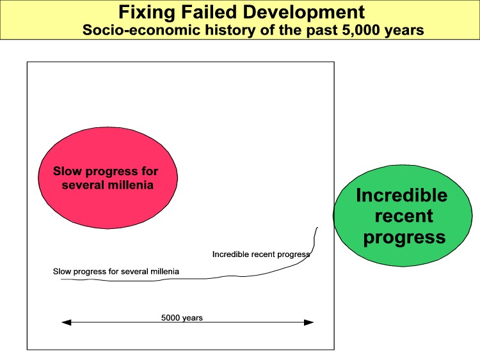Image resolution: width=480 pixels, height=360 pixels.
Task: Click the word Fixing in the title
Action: coord(147,13)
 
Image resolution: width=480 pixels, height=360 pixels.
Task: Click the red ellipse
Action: coord(108,178)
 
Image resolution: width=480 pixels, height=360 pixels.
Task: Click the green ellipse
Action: coord(403,215)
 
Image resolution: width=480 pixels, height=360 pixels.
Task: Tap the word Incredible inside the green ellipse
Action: coord(402,195)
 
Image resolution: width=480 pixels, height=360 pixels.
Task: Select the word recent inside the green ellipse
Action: coord(404,216)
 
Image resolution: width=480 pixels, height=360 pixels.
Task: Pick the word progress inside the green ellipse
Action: coord(404,238)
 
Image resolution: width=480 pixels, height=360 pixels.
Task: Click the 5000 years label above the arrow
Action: coord(182,318)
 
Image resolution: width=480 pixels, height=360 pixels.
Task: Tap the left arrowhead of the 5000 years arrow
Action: coord(67,322)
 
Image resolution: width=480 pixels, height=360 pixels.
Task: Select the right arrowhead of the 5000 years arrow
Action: coord(309,322)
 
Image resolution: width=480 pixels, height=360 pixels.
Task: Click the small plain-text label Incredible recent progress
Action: coord(261,254)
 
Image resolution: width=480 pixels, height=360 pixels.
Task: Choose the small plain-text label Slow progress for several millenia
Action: coord(116,271)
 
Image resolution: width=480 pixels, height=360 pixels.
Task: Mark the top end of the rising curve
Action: coord(317,227)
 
